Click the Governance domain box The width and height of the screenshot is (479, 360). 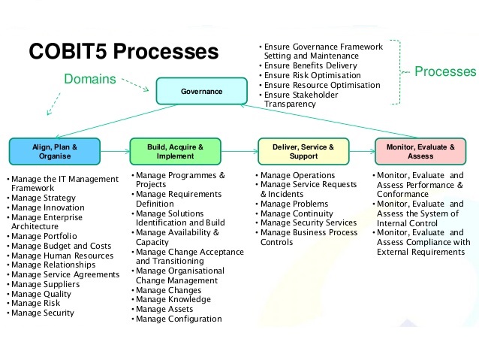[x=202, y=91]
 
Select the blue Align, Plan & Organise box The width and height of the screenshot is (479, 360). [x=55, y=151]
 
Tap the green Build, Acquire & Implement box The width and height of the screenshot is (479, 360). [x=176, y=151]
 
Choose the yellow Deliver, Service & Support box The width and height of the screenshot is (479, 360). [x=303, y=151]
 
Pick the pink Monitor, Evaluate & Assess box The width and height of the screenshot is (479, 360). [x=420, y=151]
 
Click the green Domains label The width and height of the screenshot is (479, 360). [x=90, y=79]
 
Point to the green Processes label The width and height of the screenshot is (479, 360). [x=445, y=71]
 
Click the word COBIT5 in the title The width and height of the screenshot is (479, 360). [x=68, y=51]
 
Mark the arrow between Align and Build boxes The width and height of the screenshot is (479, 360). [x=115, y=151]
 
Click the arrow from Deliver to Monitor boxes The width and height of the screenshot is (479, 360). [x=362, y=151]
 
